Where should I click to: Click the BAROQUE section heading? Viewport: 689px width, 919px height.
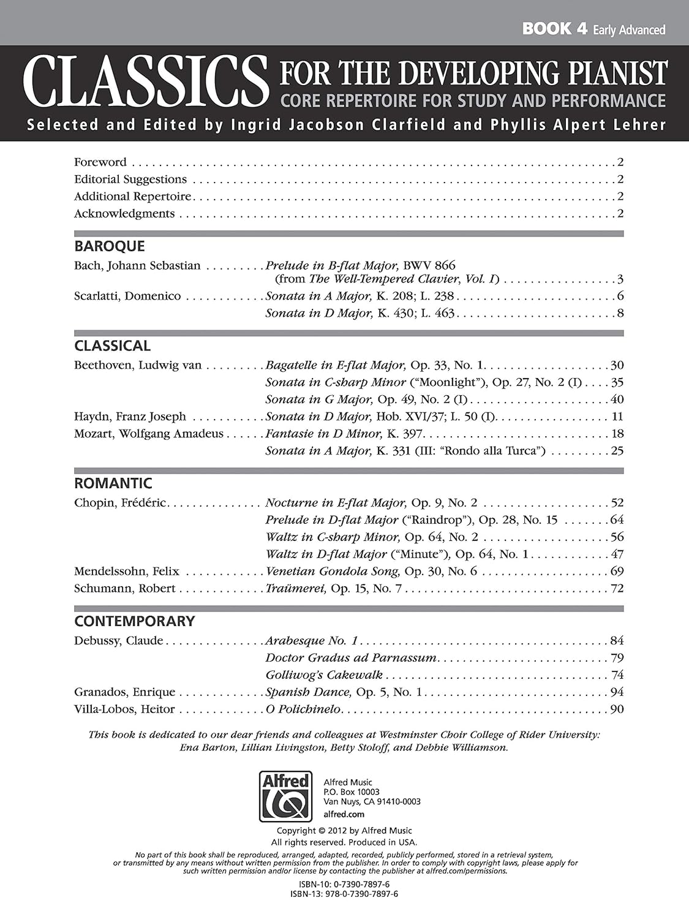110,246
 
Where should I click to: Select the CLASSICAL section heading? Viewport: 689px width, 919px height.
112,346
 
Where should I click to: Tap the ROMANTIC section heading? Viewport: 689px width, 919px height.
113,483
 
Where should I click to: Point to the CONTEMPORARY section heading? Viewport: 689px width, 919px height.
134,621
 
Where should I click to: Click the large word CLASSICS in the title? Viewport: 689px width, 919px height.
145,81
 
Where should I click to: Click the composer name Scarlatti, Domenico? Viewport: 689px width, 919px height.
127,296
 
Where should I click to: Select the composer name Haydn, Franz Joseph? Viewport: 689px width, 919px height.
130,417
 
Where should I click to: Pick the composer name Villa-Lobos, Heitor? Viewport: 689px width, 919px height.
124,709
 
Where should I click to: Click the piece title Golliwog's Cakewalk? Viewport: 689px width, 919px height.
324,675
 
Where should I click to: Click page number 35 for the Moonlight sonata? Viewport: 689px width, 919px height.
617,382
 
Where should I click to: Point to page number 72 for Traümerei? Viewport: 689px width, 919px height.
617,589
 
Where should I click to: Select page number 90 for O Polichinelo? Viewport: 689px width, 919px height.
617,709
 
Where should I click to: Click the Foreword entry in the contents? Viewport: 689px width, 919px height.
100,162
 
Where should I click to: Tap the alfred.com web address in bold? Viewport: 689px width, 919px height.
344,814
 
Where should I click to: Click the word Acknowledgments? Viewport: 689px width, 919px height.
124,214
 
